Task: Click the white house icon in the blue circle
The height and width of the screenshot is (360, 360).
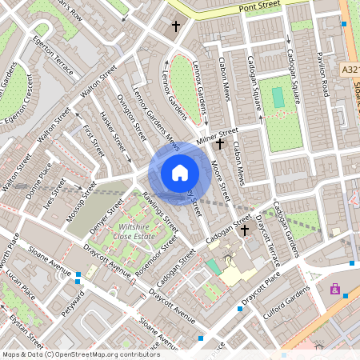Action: [180, 172]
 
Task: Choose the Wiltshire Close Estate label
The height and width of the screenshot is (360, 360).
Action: [133, 230]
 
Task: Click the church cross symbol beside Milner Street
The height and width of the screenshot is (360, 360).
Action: [220, 143]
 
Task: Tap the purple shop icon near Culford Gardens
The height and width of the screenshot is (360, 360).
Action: [334, 289]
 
